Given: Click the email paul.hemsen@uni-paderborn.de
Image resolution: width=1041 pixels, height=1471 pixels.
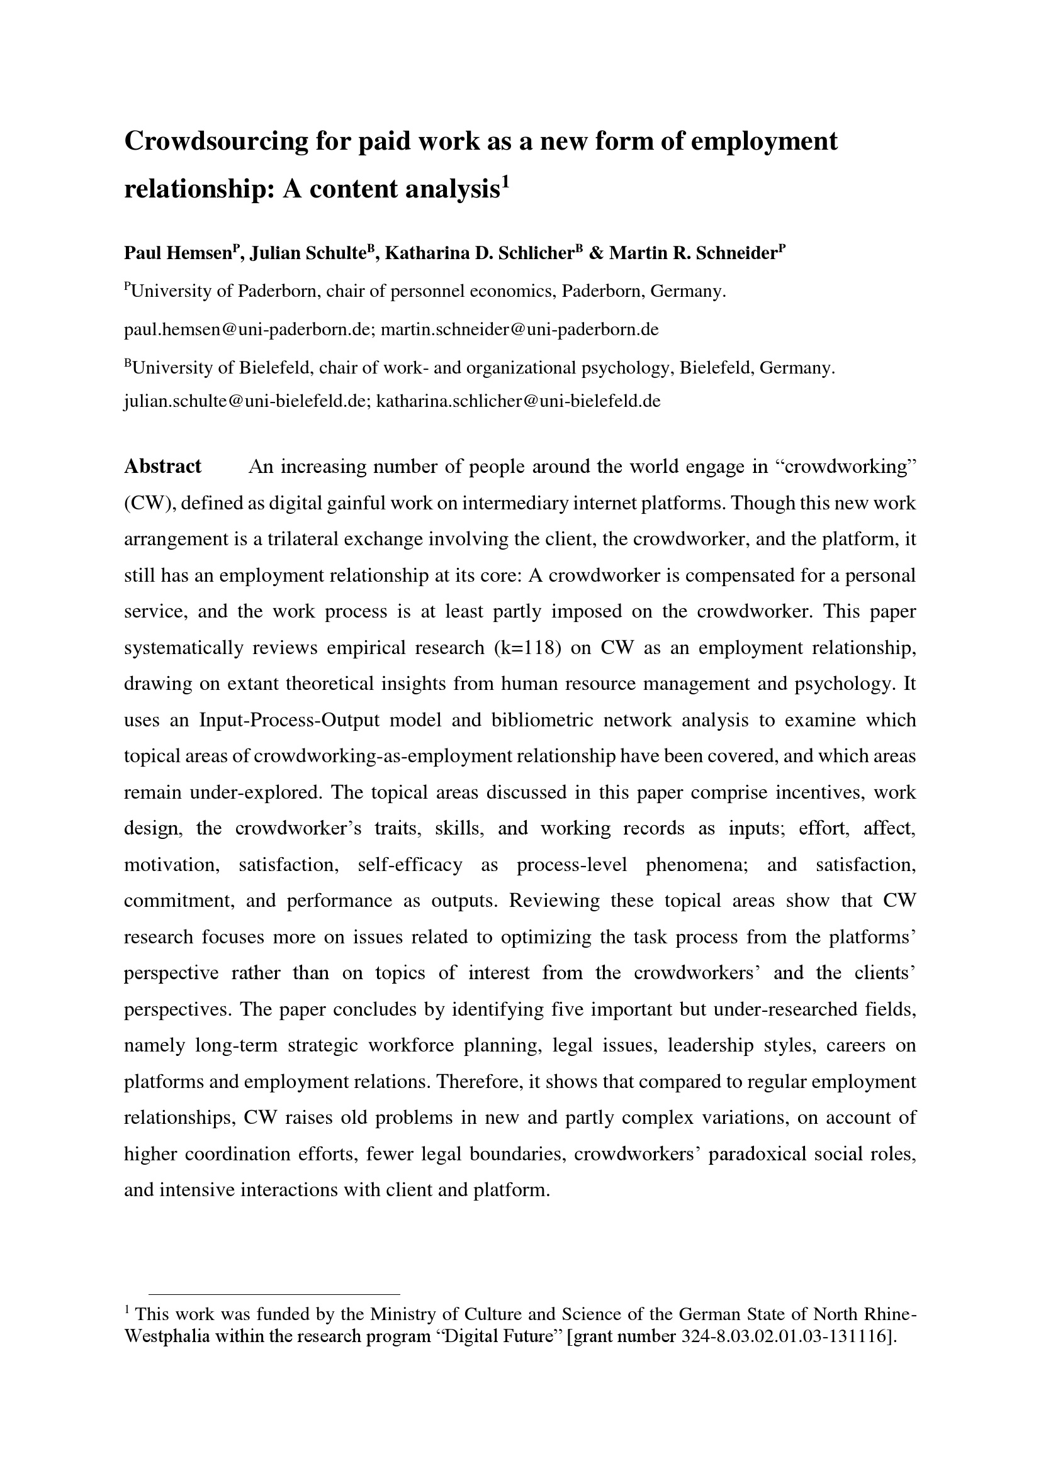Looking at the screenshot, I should click(247, 330).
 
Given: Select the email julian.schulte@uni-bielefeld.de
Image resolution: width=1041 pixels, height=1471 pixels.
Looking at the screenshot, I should click(246, 402).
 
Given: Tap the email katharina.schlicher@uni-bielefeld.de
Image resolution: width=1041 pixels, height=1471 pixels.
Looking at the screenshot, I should click(518, 402).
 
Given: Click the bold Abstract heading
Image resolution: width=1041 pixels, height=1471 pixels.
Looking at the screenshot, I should click(163, 467).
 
